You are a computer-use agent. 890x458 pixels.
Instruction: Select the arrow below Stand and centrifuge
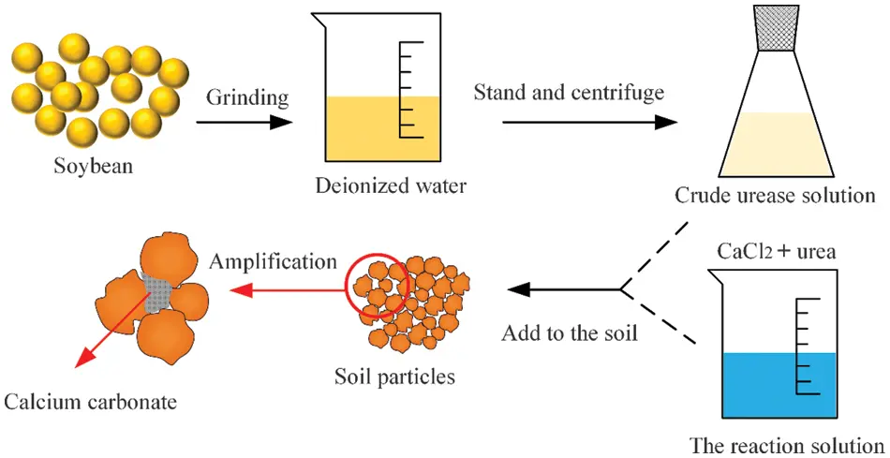coord(589,122)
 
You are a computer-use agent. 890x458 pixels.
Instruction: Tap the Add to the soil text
coord(570,332)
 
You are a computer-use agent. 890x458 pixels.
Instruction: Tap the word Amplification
coord(273,261)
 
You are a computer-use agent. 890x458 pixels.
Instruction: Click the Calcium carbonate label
coord(90,402)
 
